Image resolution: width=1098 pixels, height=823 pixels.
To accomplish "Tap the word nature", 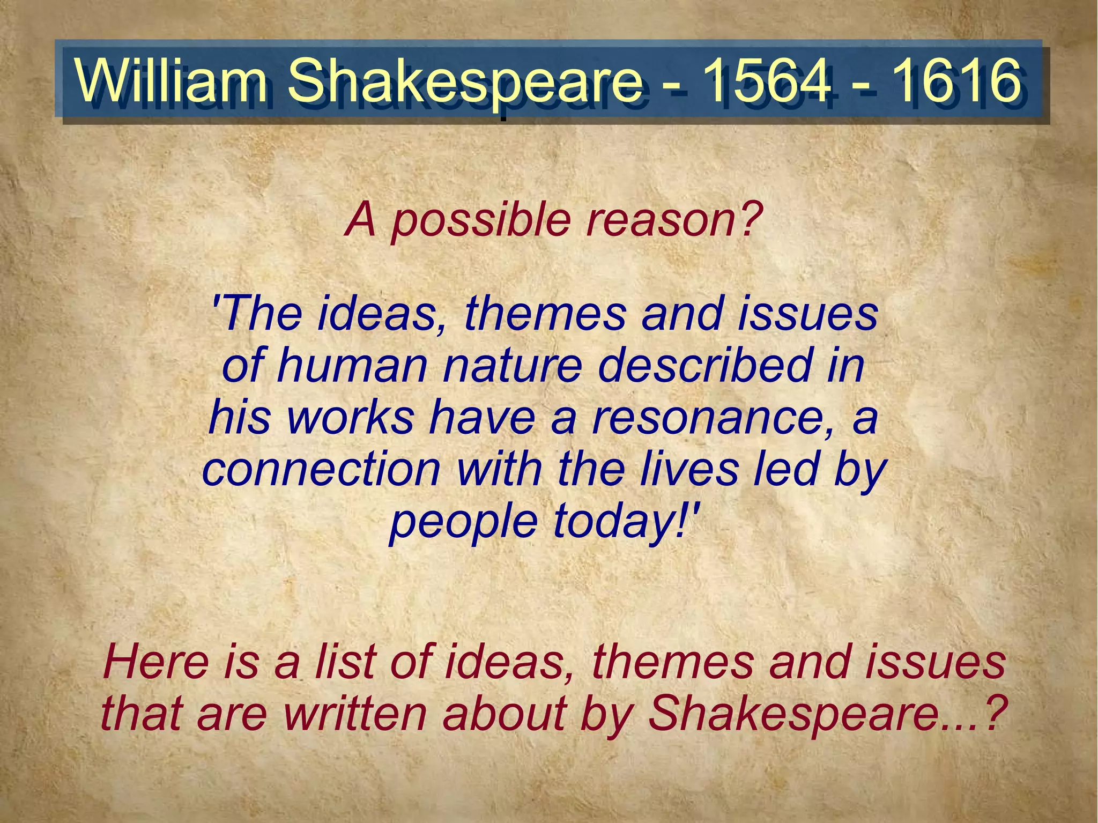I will point(512,367).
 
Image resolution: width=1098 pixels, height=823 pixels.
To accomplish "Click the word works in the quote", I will point(351,418).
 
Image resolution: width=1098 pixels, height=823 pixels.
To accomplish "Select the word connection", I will point(321,470).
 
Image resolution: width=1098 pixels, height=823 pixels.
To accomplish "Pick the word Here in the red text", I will point(155,663).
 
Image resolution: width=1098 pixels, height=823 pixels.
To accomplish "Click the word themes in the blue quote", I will point(545,315).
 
